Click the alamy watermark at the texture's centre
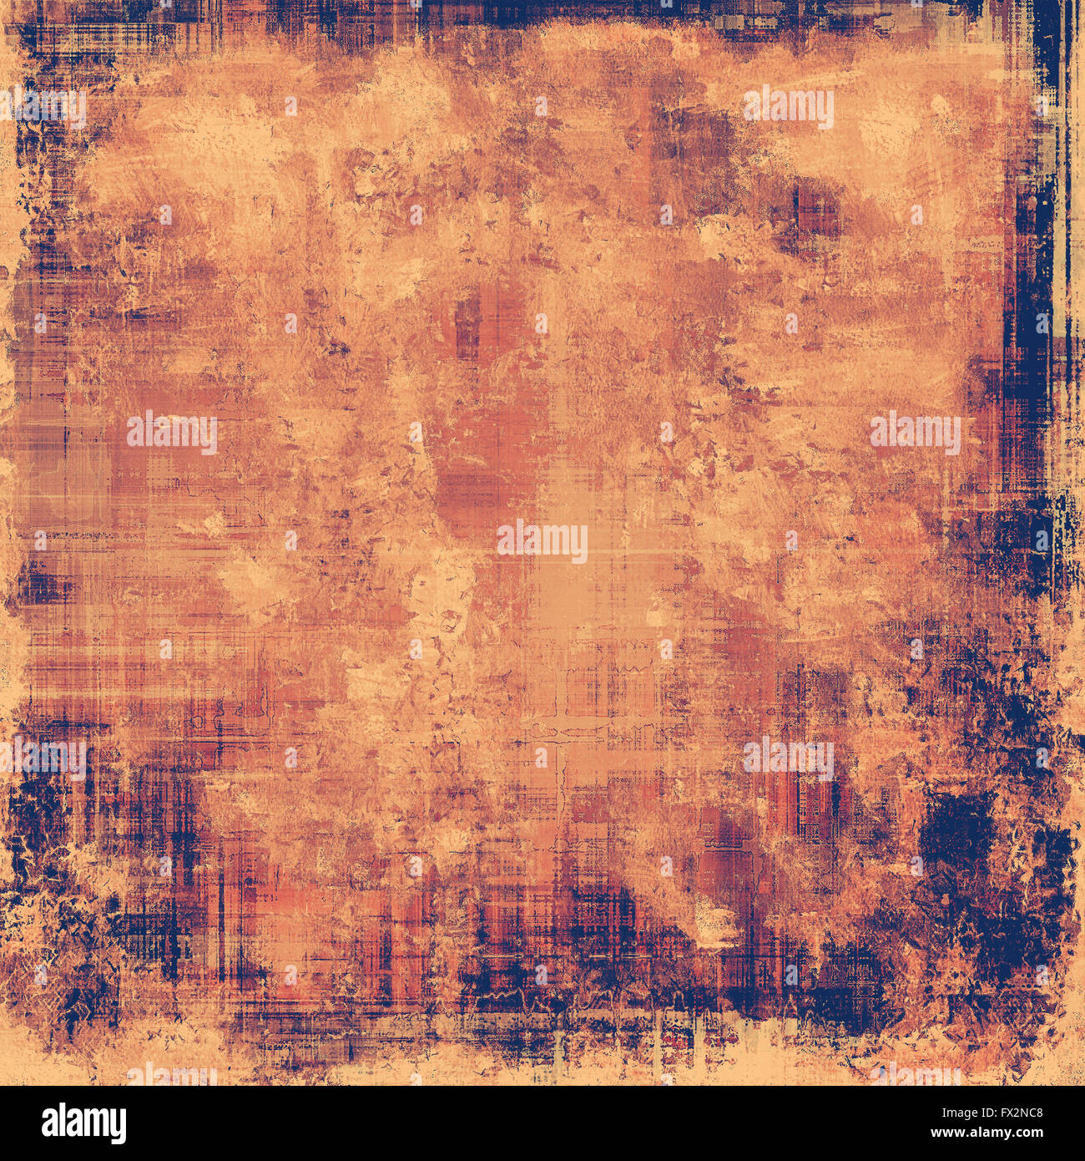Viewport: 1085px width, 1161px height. click(x=542, y=541)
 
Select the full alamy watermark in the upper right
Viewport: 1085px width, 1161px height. click(x=789, y=108)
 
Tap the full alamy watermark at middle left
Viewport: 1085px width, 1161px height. click(x=172, y=432)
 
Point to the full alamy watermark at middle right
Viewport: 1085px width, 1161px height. click(x=916, y=432)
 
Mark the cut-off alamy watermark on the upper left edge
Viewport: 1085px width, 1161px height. click(x=46, y=108)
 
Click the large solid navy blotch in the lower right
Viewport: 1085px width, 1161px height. click(x=960, y=827)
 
